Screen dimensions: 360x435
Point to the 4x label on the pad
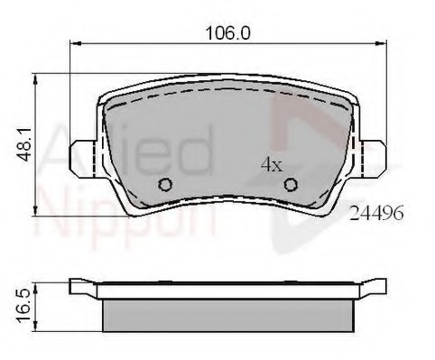[271, 165]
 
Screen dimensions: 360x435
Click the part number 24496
[375, 214]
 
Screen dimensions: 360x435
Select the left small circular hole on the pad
[164, 185]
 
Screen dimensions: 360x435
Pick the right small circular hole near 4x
[291, 185]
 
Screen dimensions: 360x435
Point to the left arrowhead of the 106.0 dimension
[77, 43]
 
